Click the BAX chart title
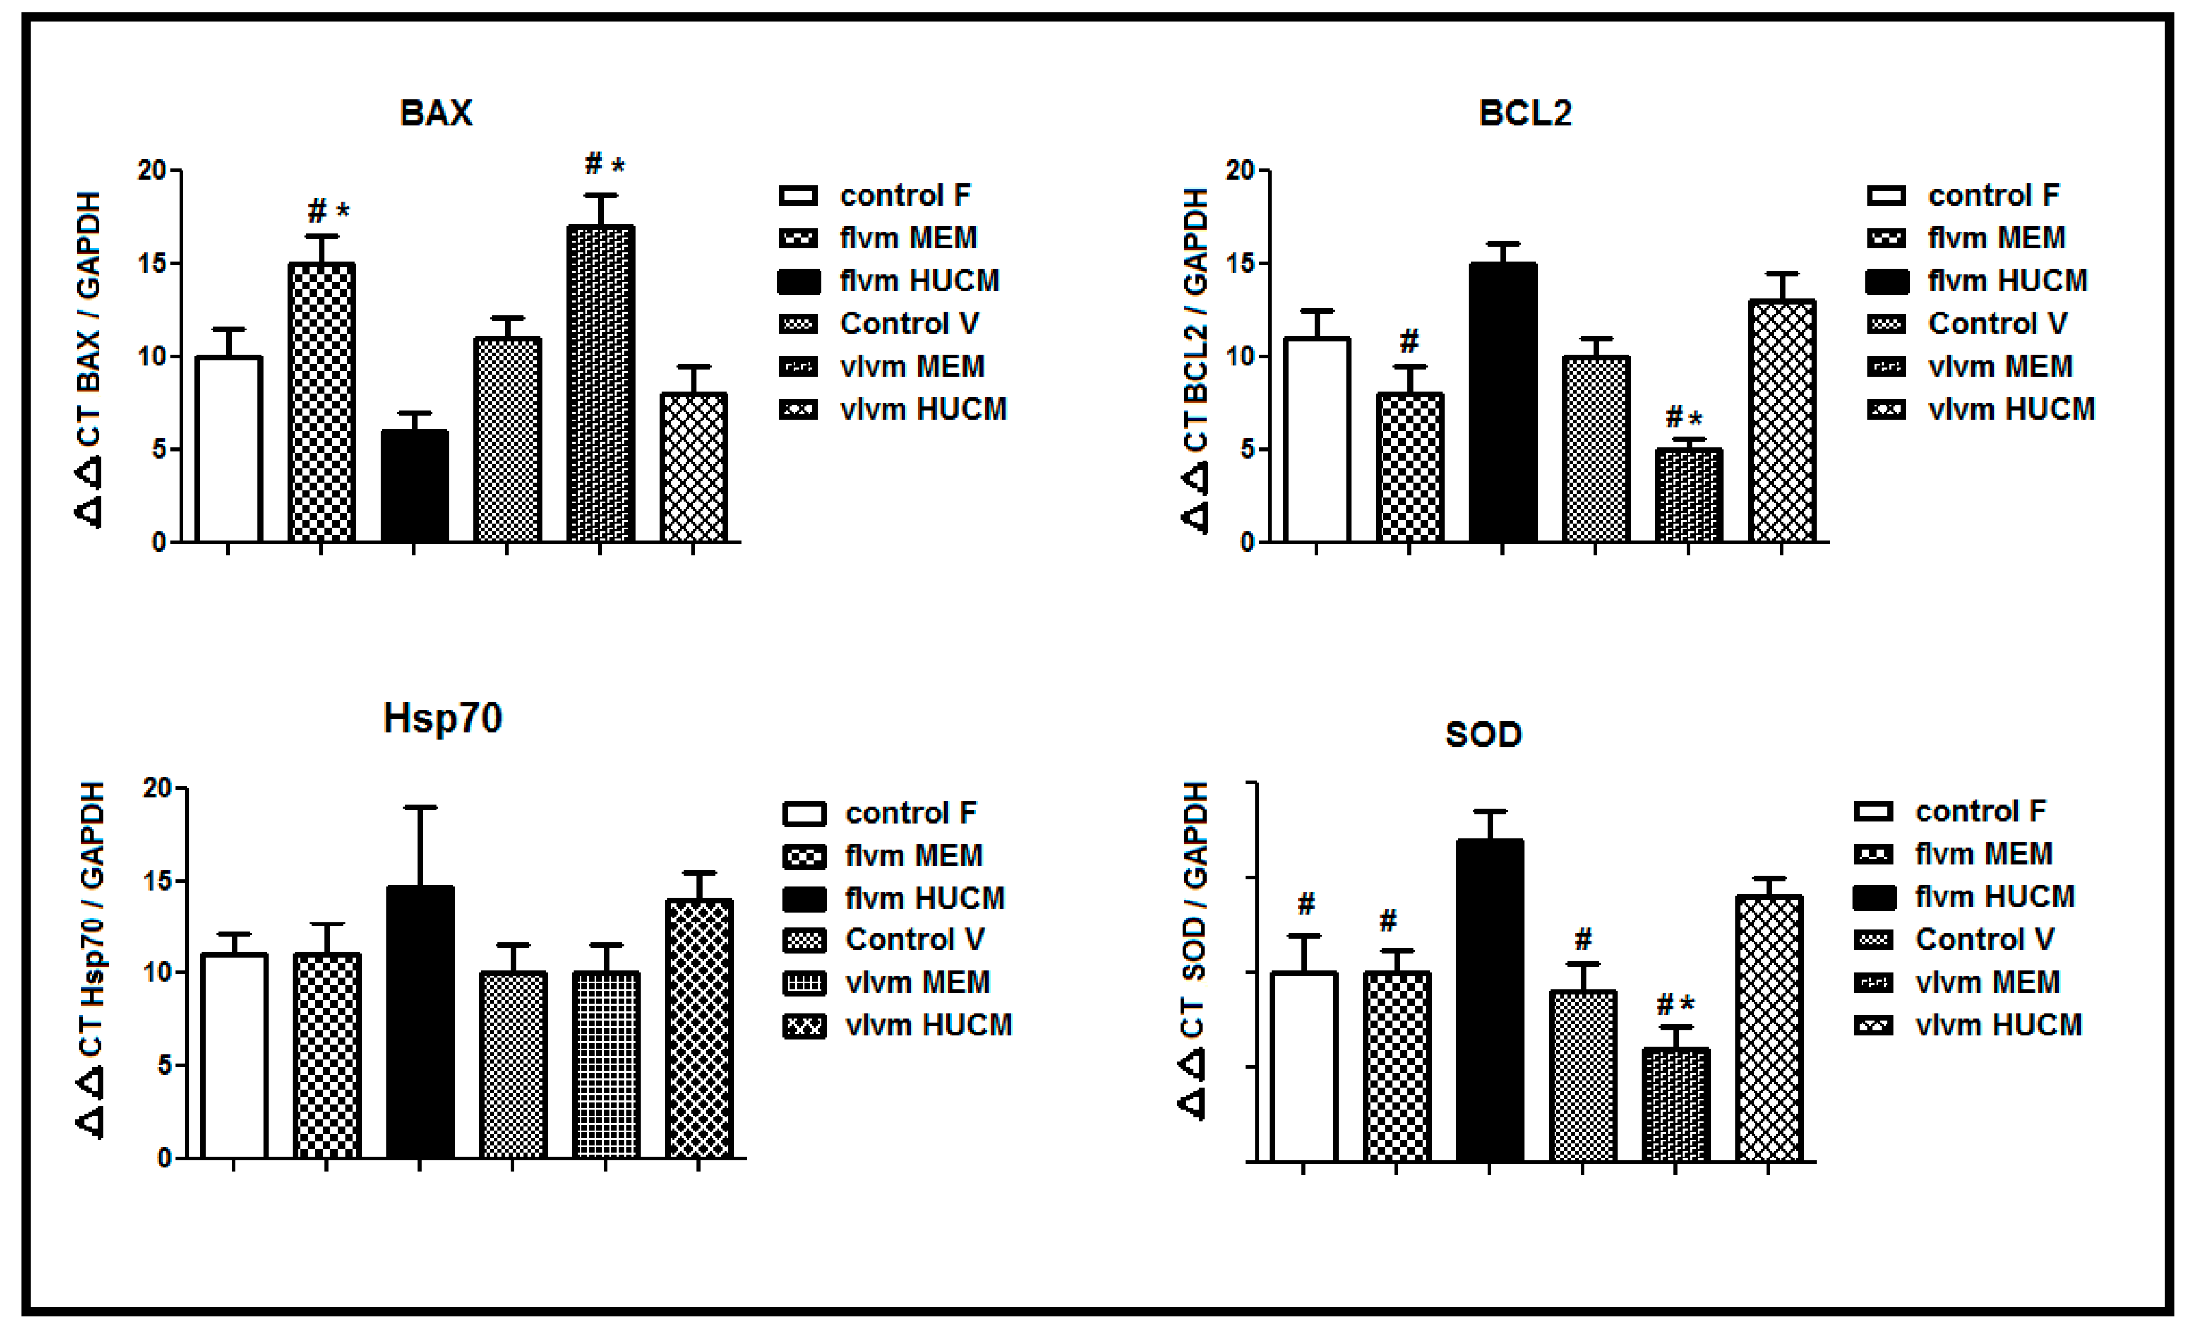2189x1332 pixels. [435, 113]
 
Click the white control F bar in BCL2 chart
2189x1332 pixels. [1316, 440]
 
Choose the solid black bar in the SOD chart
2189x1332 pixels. [1490, 1000]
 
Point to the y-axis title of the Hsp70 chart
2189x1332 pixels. [92, 960]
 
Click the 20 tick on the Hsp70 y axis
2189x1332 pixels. [157, 788]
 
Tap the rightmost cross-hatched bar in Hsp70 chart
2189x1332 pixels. [698, 1029]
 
